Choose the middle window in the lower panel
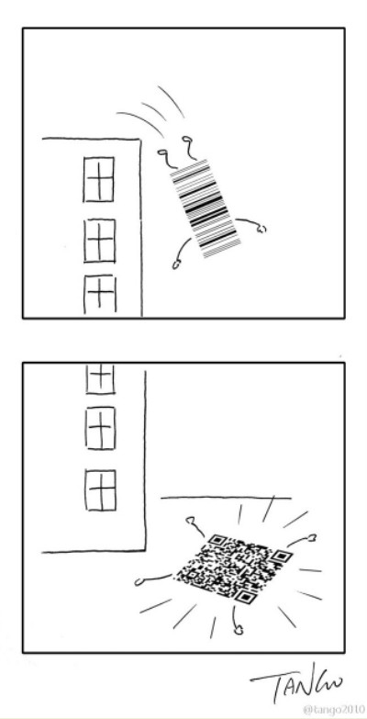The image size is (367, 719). tap(97, 425)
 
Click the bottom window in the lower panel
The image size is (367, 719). tap(98, 486)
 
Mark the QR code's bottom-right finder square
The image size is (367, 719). tap(244, 597)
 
